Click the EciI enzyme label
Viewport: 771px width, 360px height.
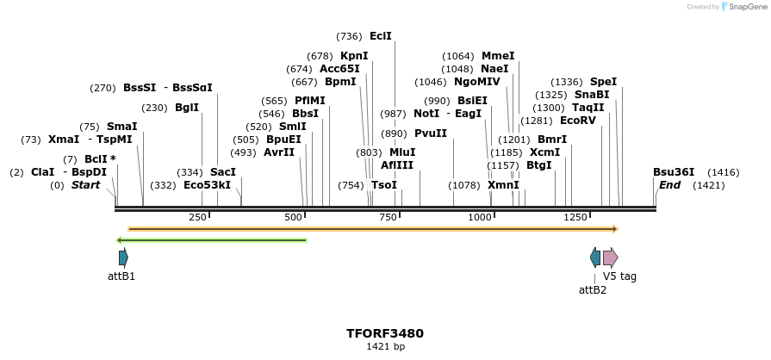pyautogui.click(x=381, y=36)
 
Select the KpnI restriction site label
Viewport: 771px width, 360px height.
pyautogui.click(x=354, y=56)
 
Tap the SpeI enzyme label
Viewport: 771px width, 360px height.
pyautogui.click(x=603, y=82)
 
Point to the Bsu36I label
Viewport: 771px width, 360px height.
pyautogui.click(x=674, y=172)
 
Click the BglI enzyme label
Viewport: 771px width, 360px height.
pyautogui.click(x=187, y=108)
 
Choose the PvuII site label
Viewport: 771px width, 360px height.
pyautogui.click(x=431, y=133)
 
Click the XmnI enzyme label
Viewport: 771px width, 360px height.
pyautogui.click(x=503, y=185)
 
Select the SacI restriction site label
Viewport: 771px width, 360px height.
pyautogui.click(x=223, y=172)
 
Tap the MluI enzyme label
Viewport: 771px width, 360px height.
pyautogui.click(x=402, y=152)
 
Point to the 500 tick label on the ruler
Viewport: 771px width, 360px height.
pyautogui.click(x=294, y=217)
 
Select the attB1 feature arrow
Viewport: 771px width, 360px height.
pyautogui.click(x=123, y=257)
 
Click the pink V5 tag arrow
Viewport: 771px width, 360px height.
pyautogui.click(x=610, y=257)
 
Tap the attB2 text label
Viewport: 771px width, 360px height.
pyautogui.click(x=593, y=290)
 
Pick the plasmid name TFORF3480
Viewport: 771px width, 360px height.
pyautogui.click(x=385, y=333)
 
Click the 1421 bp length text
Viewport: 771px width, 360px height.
pyautogui.click(x=385, y=347)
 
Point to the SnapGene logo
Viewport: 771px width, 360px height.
pyautogui.click(x=743, y=7)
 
